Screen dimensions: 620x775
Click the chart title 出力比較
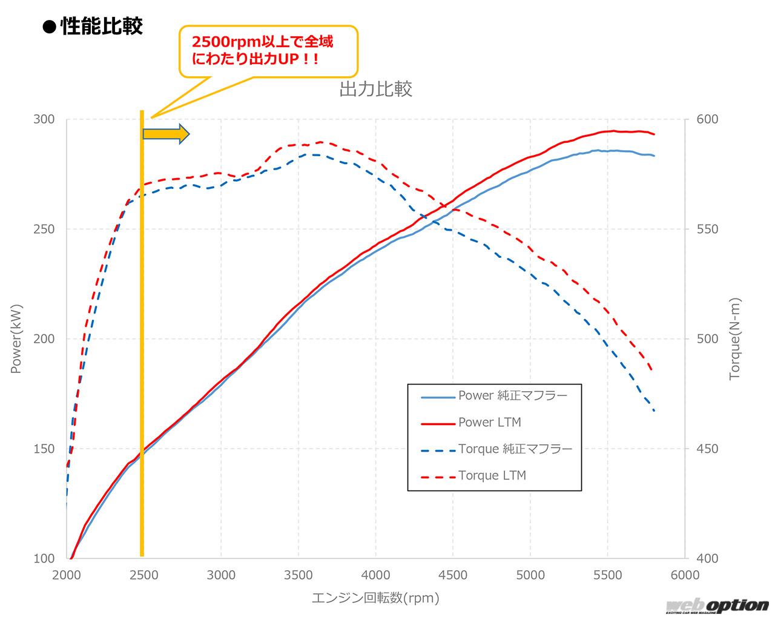point(375,89)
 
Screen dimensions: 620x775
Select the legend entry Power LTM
point(489,423)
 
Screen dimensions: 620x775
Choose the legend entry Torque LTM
point(492,475)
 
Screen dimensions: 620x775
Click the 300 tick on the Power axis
point(44,119)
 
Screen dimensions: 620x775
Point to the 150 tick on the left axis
point(44,449)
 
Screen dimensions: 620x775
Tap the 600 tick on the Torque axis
point(707,119)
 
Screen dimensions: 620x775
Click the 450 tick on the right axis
point(707,449)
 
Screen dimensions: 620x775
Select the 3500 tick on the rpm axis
point(298,575)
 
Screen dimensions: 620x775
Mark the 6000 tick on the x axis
point(685,575)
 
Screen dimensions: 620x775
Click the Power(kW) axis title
point(16,339)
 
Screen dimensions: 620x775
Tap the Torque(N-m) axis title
point(735,339)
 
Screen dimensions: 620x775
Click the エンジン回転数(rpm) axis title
point(375,598)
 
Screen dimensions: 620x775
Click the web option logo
point(717,606)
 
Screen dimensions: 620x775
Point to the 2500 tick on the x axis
point(144,575)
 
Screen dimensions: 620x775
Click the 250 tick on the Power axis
point(44,229)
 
